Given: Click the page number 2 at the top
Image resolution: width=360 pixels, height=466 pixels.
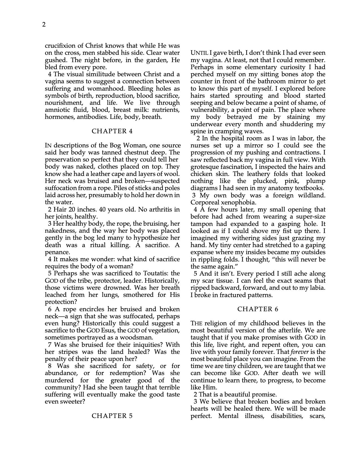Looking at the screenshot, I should coord(44,25).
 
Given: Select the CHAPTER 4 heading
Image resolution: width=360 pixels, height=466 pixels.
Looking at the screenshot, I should coord(112,131).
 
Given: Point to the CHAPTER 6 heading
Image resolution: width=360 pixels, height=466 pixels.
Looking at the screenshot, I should coord(258,309).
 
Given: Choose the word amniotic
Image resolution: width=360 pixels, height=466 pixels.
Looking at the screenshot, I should coord(58,110).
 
